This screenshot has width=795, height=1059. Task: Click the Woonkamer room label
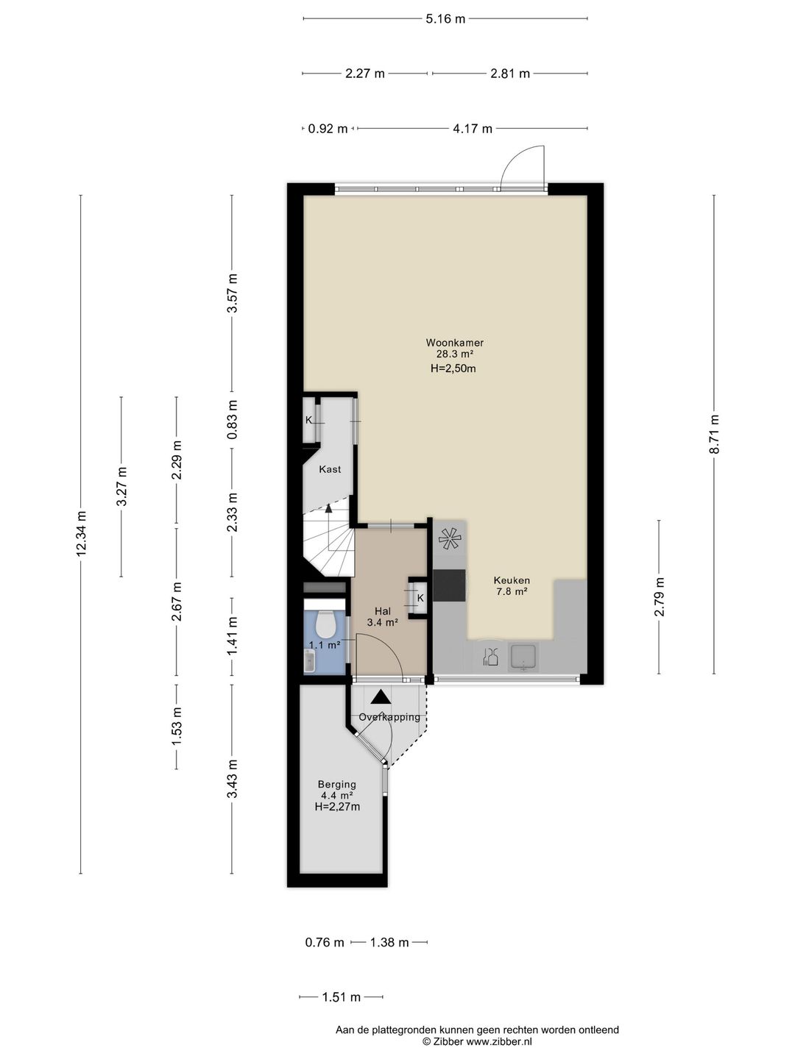point(454,343)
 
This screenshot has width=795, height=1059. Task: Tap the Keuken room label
point(512,580)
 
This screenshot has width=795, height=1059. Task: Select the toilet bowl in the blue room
point(325,624)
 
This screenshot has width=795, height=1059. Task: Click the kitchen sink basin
point(523,657)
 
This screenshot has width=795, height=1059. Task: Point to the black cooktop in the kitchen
point(449,585)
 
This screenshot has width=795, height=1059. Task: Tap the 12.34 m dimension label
point(81,534)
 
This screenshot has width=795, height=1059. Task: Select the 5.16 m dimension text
point(445,19)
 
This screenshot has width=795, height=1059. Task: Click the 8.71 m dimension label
point(714,434)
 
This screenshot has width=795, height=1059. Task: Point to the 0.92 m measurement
point(328,129)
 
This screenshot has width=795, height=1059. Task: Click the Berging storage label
point(336,785)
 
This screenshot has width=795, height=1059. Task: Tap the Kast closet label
point(331,469)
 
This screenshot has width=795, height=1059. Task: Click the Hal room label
point(383,611)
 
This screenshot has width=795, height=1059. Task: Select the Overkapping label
point(389,717)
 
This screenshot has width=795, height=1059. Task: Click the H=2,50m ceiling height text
point(453,369)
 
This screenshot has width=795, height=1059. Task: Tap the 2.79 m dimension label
point(660,596)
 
